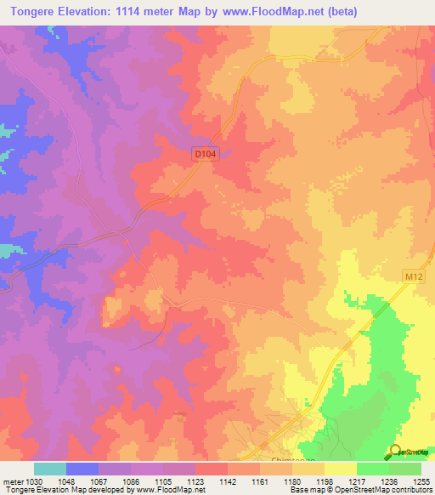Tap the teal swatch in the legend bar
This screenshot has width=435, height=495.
(x=49, y=468)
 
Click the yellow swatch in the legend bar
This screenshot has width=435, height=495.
(x=340, y=468)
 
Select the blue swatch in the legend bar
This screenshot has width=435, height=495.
(x=82, y=468)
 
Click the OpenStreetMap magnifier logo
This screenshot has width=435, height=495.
(x=394, y=452)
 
